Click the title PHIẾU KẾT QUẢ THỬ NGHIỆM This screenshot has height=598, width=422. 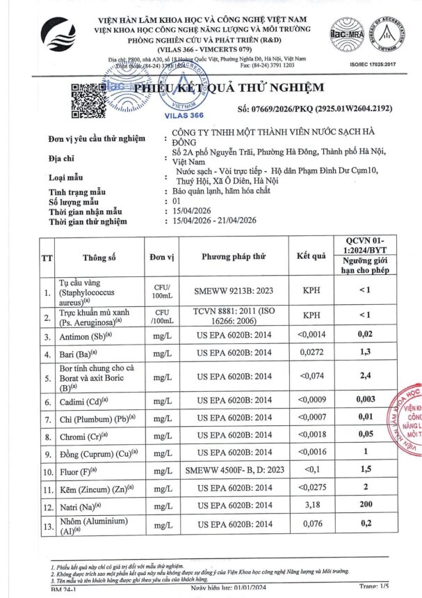tap(229, 88)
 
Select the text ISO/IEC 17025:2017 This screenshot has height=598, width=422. tap(385, 65)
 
